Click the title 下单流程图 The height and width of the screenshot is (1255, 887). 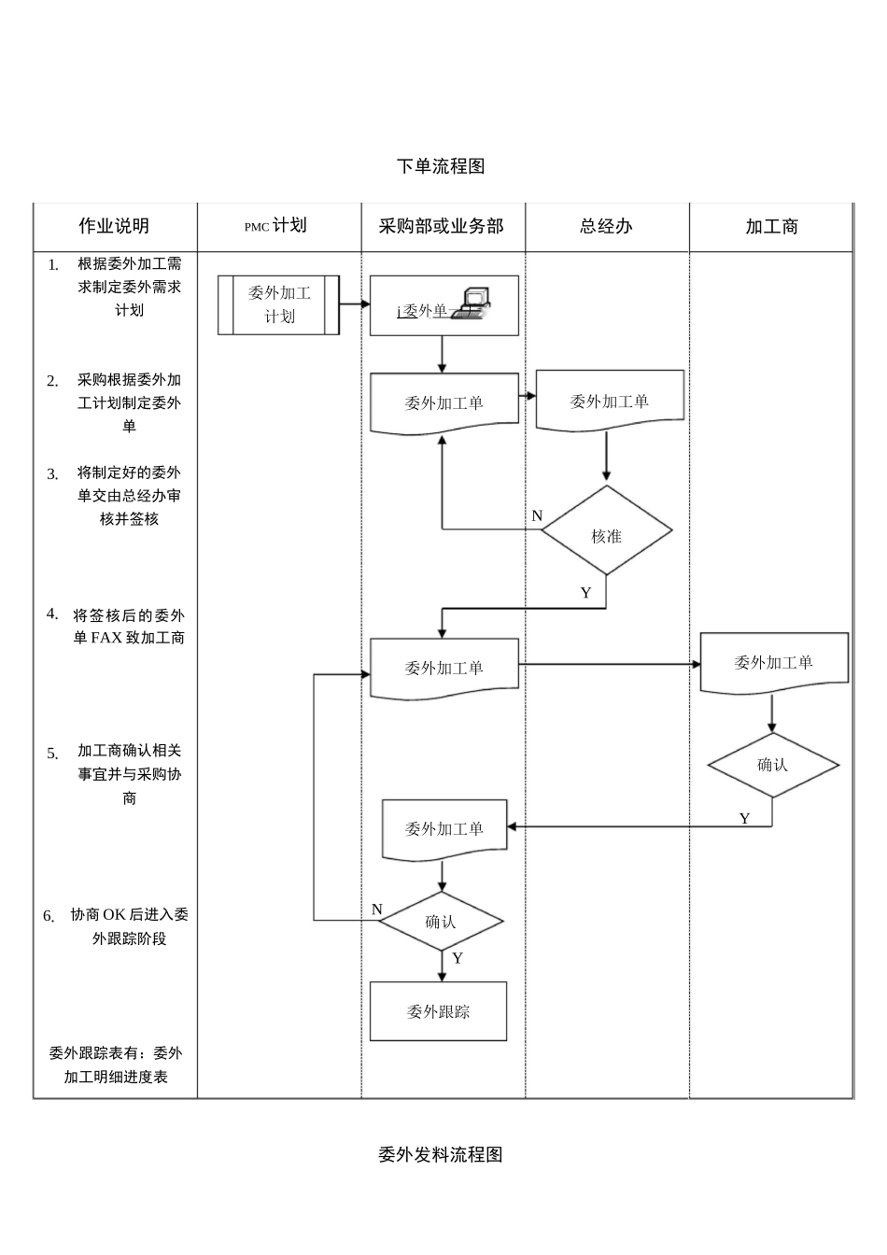(441, 166)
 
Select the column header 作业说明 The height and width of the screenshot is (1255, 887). (114, 226)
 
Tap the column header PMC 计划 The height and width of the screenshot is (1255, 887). (276, 226)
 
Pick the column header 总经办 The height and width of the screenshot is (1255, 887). (606, 226)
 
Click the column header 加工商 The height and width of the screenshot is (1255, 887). (771, 226)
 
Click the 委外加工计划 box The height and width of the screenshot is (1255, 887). (278, 304)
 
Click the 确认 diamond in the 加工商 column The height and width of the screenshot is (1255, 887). (772, 765)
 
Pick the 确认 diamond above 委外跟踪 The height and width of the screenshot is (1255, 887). (441, 922)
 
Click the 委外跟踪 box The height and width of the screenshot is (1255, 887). (438, 1011)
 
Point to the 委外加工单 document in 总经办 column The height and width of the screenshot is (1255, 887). (610, 402)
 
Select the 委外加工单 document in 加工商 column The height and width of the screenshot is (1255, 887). (774, 663)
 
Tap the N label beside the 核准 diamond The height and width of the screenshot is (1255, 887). (537, 515)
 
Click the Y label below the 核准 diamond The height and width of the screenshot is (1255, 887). (585, 593)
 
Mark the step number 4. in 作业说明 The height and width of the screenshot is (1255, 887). (52, 613)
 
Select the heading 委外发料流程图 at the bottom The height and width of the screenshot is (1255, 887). (441, 1154)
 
